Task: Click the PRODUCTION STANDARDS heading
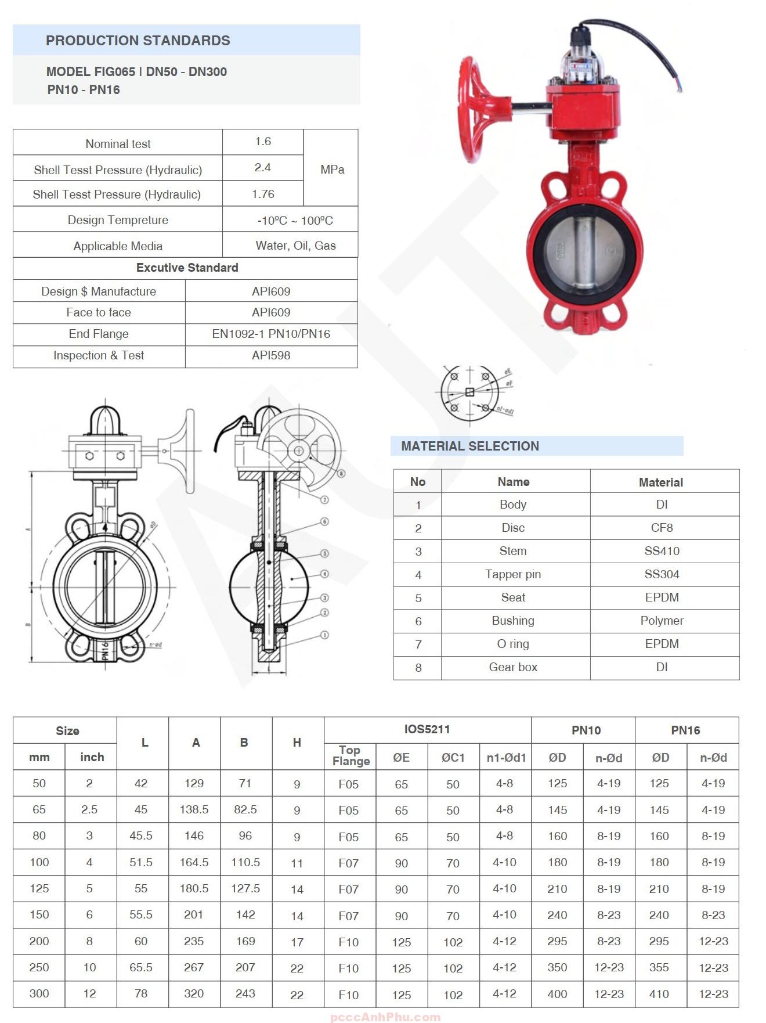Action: coord(138,41)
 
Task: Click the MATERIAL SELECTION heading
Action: coord(469,446)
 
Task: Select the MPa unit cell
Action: coord(332,170)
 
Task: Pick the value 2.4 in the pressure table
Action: coord(262,168)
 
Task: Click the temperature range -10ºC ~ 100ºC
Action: coord(295,221)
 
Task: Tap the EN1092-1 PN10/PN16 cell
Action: coord(271,334)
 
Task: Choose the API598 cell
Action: coord(271,355)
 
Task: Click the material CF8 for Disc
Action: coord(662,528)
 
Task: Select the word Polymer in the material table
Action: coord(662,621)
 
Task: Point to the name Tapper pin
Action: coord(513,574)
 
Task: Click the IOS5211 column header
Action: coord(427,729)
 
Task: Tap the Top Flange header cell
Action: coord(350,756)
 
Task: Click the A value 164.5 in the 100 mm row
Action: coord(194,862)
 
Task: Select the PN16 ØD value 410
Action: coord(659,993)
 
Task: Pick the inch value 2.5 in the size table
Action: coord(89,809)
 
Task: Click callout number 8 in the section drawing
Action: coord(341,473)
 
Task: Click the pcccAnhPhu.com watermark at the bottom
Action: coord(385,1017)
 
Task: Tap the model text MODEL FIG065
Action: coord(91,72)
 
